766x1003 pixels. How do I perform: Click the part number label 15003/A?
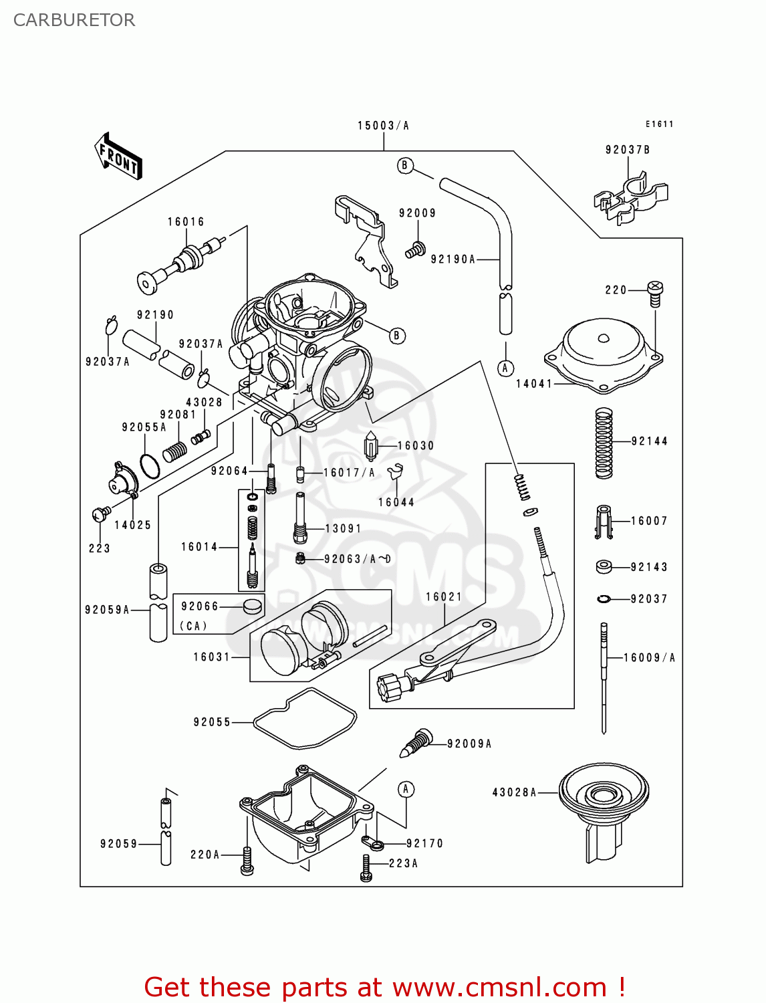[382, 126]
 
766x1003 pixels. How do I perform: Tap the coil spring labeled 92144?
[604, 443]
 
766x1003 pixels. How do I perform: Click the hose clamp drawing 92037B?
[629, 198]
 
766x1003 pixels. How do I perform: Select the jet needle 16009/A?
[604, 675]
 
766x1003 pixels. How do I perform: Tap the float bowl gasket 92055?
[305, 718]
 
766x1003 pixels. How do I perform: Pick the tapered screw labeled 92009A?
[416, 743]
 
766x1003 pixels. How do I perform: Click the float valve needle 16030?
[372, 446]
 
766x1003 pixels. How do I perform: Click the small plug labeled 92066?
[253, 606]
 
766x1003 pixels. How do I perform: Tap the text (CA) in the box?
[193, 627]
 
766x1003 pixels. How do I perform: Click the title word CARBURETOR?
[74, 20]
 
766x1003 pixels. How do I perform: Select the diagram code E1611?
[659, 124]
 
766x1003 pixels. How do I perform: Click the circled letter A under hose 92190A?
[505, 368]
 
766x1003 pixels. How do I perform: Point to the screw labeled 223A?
[366, 867]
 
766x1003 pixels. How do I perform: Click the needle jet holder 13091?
[300, 518]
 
